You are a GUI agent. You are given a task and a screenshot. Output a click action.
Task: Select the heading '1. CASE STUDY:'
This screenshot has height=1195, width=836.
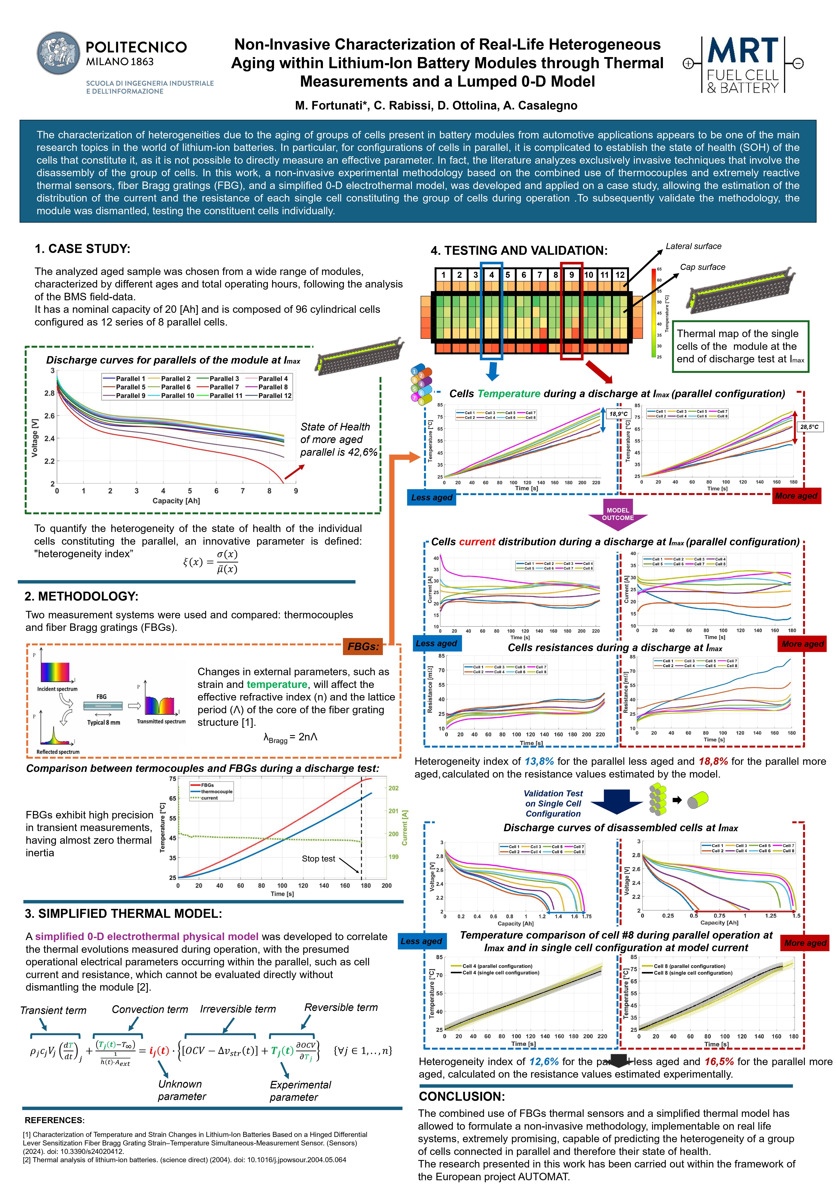click(x=82, y=249)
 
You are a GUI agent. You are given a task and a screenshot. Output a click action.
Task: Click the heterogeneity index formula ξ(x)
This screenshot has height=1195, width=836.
click(x=210, y=562)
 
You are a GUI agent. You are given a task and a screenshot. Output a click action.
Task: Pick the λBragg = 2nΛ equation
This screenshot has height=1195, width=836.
click(x=290, y=738)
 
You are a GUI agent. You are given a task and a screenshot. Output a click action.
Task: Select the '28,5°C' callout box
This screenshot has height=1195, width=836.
click(x=809, y=427)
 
